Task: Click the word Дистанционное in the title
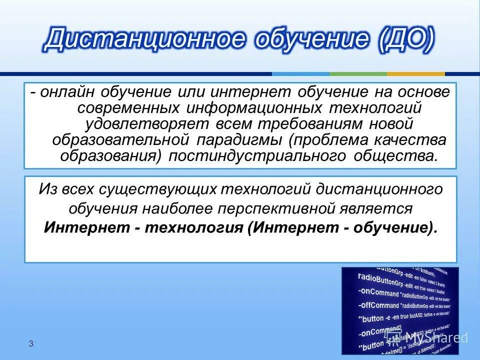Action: coord(145,40)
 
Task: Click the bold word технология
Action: coord(195,227)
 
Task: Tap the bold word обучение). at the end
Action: coord(397,227)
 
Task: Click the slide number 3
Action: coord(31,343)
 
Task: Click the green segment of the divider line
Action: coord(357,73)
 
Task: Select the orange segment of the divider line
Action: coord(416,73)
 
